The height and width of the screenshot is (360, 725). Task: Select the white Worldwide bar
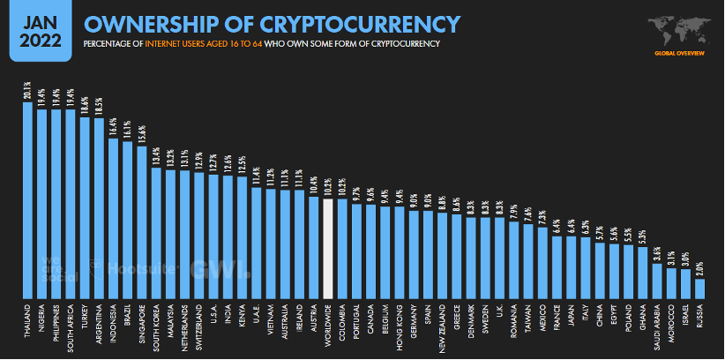pyautogui.click(x=329, y=248)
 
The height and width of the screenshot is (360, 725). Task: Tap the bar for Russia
pyautogui.click(x=700, y=288)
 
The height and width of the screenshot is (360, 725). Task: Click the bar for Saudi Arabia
pyautogui.click(x=657, y=280)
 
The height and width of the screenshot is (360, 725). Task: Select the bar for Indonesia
pyautogui.click(x=113, y=217)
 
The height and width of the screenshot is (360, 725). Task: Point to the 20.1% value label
pyautogui.click(x=27, y=91)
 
